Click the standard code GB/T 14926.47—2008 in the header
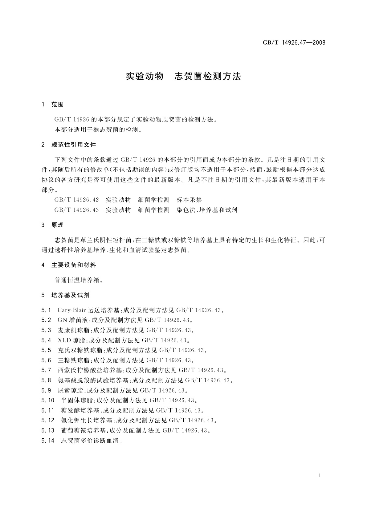tap(294, 43)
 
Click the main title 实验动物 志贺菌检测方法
tap(183, 76)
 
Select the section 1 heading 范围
tap(58, 105)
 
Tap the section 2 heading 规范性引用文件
tap(74, 145)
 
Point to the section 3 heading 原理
tap(58, 225)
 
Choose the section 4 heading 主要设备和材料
tap(74, 265)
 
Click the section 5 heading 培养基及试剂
tap(70, 295)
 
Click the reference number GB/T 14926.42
tap(76, 200)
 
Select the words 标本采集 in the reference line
tap(189, 200)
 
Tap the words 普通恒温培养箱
tap(76, 280)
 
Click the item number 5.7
tap(46, 370)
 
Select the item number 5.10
tap(48, 400)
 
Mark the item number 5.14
tap(48, 441)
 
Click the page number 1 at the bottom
tap(320, 476)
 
